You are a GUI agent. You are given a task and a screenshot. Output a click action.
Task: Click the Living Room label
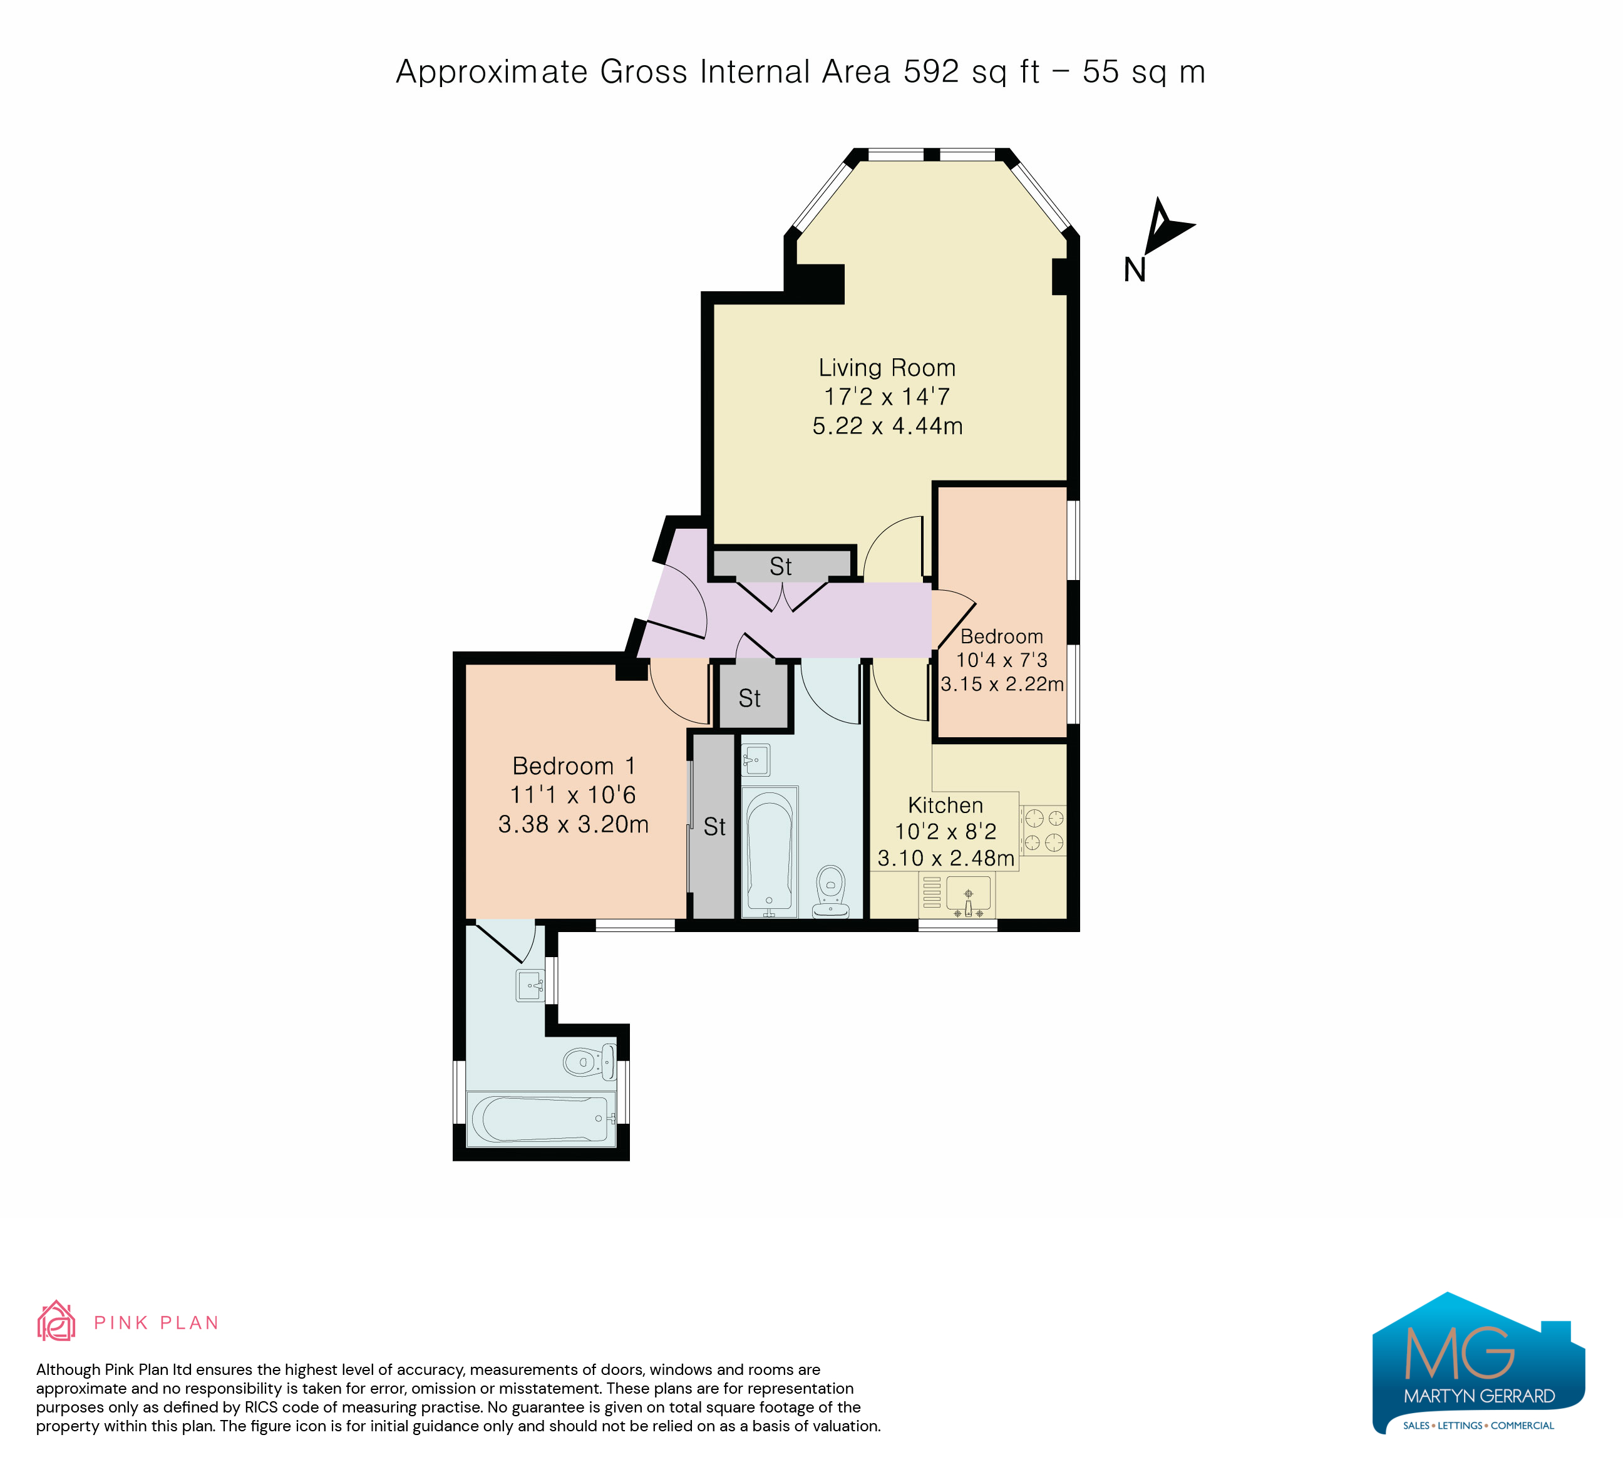pos(887,368)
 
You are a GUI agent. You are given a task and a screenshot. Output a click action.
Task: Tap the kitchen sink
pos(969,894)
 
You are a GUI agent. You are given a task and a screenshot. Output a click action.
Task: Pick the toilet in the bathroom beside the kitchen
pos(831,891)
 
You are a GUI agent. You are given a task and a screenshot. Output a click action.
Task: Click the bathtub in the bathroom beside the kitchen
pos(770,852)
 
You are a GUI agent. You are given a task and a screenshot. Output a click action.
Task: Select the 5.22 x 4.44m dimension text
pos(887,426)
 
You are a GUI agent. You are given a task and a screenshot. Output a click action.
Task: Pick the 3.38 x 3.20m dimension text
pos(573,824)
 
